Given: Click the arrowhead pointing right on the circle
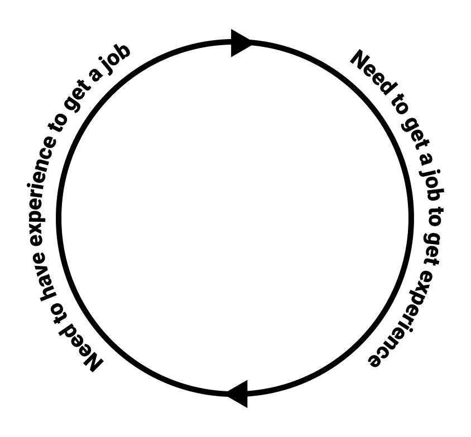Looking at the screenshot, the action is (x=242, y=43).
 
